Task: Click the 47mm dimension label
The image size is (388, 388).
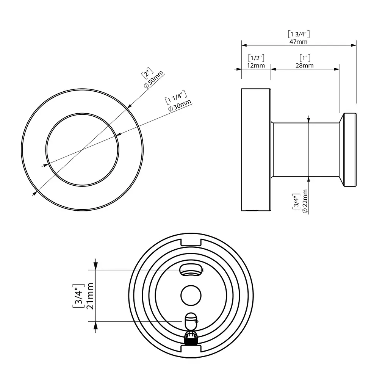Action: point(299,42)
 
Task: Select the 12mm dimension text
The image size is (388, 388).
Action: point(256,66)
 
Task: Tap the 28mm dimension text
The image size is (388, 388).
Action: point(305,66)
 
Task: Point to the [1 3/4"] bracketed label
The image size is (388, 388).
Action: point(299,34)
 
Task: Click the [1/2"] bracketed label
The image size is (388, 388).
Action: point(256,58)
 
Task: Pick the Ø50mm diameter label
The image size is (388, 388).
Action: point(153,80)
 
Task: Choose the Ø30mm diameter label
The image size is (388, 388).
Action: point(179,105)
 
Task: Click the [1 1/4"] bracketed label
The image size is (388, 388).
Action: point(176,97)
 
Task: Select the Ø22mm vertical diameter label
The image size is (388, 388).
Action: point(305,201)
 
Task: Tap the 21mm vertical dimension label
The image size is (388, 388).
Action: point(90,296)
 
